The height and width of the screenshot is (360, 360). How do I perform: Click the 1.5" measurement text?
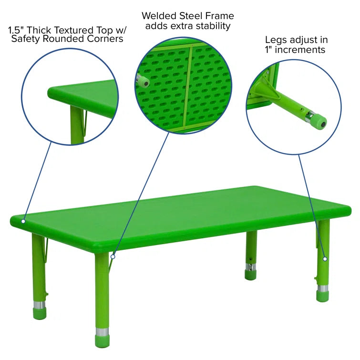click(x=17, y=30)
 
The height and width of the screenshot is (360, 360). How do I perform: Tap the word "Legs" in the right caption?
click(x=275, y=40)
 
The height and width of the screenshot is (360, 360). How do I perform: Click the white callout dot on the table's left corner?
click(x=23, y=221)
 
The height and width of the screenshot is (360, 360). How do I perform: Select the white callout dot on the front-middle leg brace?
click(x=113, y=257)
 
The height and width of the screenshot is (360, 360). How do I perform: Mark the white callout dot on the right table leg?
click(x=325, y=258)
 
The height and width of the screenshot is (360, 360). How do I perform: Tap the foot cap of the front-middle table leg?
click(x=102, y=341)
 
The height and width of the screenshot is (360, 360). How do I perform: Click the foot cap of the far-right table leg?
click(x=322, y=296)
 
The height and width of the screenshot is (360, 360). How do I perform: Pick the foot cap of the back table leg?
click(x=251, y=275)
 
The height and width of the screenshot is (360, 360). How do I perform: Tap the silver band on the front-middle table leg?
click(x=102, y=332)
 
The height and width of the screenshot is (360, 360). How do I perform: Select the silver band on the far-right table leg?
click(x=323, y=288)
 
